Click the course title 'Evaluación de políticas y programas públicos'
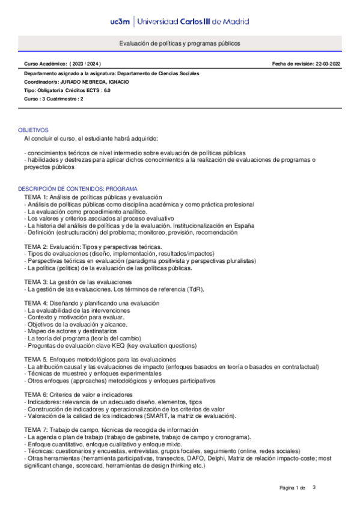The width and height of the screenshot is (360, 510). pos(179,44)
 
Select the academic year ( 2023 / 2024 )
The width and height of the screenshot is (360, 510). pos(85,63)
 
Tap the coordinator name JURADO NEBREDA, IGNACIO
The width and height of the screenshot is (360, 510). pos(97,82)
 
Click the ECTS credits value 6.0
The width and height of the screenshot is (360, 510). pos(106,90)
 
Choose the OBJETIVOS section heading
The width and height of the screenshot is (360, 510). pos(33,130)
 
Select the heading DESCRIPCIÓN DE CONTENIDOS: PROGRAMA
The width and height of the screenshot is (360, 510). pos(78,188)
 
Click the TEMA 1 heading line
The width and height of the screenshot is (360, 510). pos(93,197)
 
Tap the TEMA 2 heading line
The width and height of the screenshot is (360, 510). pos(93,247)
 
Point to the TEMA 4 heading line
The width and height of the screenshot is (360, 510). pos(91,303)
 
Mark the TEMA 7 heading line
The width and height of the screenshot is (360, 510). pos(111,429)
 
